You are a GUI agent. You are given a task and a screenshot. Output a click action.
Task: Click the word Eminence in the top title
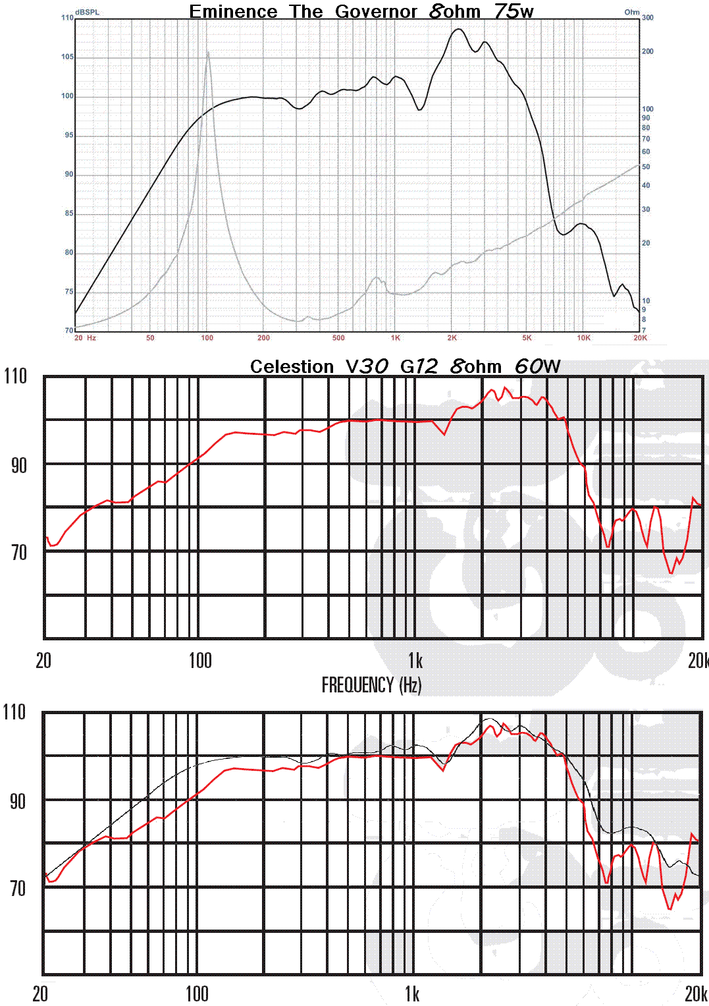point(233,12)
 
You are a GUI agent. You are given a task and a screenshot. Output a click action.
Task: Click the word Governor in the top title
point(376,12)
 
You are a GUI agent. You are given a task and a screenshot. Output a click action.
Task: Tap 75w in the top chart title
point(513,12)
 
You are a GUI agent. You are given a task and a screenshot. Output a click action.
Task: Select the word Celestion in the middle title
point(292,366)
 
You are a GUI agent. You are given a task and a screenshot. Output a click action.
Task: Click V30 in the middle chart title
point(367,366)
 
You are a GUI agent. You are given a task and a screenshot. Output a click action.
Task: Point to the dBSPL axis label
point(88,12)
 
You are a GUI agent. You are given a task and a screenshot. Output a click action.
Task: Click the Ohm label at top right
point(631,12)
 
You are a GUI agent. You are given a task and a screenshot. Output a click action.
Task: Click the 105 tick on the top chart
point(67,57)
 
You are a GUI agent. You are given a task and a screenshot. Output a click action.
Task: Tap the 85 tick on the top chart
point(68,213)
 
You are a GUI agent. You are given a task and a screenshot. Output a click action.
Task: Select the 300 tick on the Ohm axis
point(648,18)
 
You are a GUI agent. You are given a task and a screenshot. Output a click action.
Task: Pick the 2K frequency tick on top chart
point(452,338)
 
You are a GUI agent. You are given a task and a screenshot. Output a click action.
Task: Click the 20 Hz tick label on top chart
point(85,338)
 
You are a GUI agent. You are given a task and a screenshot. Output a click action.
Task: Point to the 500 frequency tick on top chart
point(338,338)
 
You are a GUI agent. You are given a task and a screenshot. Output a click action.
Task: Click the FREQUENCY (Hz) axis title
point(371,685)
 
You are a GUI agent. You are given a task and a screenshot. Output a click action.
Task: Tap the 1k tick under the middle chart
point(415,660)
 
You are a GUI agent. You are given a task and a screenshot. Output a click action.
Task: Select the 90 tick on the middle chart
point(18,466)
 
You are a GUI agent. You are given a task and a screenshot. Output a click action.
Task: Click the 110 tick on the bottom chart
point(14,712)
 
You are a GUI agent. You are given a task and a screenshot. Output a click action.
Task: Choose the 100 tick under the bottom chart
point(197,993)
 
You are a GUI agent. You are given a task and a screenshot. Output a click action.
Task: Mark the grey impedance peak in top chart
point(208,53)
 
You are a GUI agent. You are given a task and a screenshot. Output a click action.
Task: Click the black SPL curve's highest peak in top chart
point(456,29)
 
